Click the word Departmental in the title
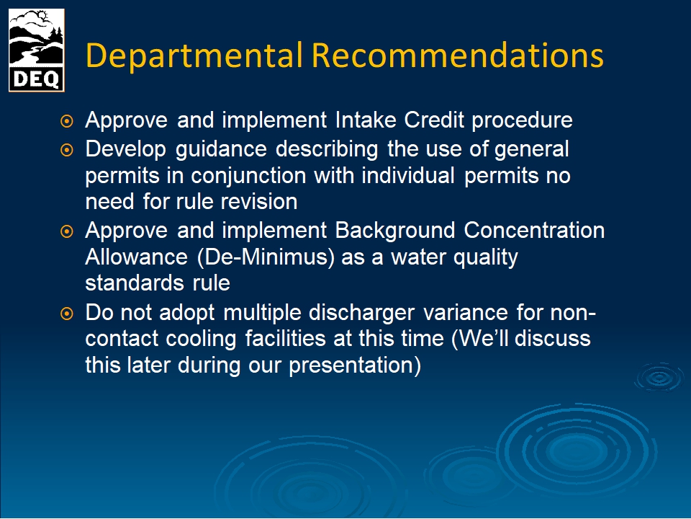click(x=194, y=56)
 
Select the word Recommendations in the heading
click(x=458, y=56)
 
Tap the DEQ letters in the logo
click(x=36, y=79)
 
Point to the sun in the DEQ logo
click(x=42, y=17)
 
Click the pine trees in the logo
click(x=56, y=35)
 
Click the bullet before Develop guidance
click(x=66, y=150)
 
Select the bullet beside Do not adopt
click(x=66, y=314)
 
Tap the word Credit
click(x=434, y=120)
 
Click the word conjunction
click(x=248, y=176)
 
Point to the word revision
click(x=258, y=202)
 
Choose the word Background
click(x=395, y=231)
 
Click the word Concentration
click(x=534, y=231)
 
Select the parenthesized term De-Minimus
click(x=266, y=257)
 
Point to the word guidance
click(x=221, y=150)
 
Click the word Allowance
click(x=136, y=257)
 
